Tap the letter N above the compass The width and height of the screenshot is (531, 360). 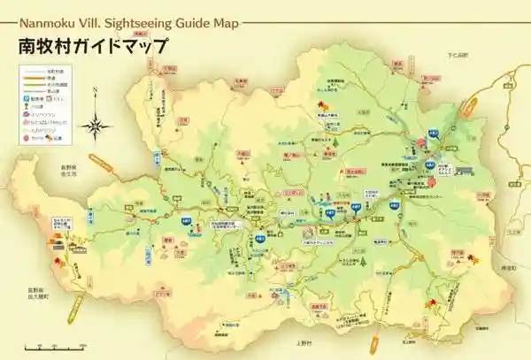coord(94,91)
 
